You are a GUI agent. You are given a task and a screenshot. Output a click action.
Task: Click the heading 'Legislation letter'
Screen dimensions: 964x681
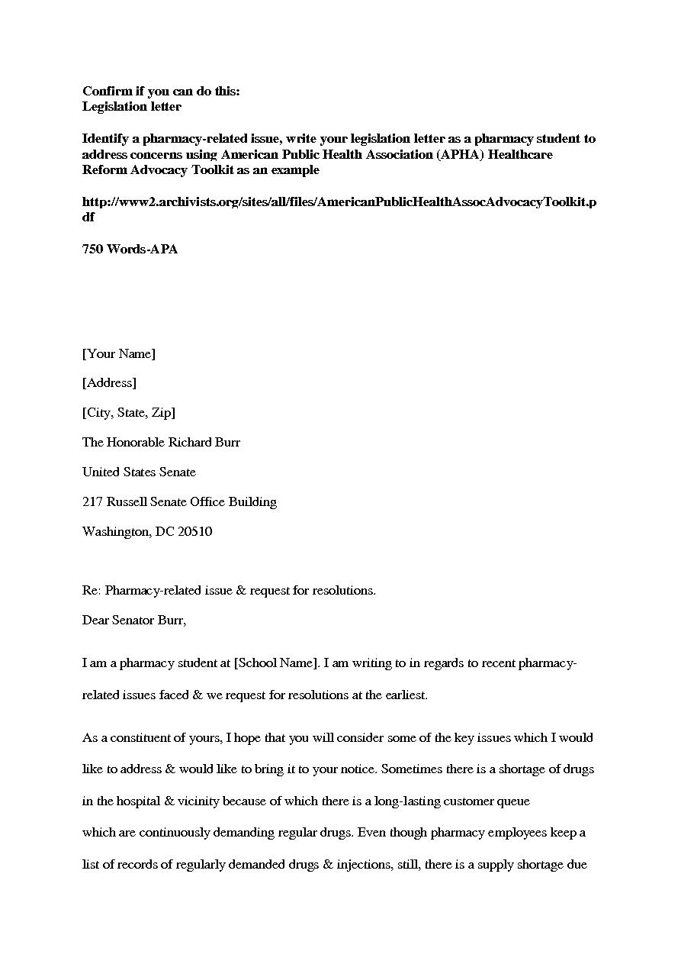click(x=131, y=107)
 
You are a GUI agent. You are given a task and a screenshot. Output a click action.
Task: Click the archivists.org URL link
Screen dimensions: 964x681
click(x=339, y=202)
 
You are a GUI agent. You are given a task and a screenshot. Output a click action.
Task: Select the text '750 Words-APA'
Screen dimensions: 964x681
click(x=130, y=249)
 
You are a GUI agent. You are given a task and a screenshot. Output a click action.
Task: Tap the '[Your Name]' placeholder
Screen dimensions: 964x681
click(x=118, y=353)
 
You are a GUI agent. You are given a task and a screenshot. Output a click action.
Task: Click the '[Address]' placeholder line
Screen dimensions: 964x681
click(x=109, y=383)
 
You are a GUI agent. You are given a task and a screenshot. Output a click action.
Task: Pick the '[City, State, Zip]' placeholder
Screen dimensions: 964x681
click(x=128, y=413)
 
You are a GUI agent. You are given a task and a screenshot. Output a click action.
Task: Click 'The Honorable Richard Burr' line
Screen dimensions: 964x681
click(x=161, y=443)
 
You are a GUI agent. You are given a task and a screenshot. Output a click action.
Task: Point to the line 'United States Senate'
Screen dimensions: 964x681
click(x=139, y=472)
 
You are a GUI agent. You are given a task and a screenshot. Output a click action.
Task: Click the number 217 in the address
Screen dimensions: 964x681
click(x=92, y=502)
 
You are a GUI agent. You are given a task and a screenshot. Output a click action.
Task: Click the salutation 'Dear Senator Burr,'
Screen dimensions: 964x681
click(x=134, y=621)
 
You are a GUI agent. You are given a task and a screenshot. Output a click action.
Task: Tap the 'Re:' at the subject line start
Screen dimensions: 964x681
click(x=91, y=591)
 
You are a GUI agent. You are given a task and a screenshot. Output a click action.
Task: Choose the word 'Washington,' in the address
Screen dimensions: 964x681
click(x=117, y=532)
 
